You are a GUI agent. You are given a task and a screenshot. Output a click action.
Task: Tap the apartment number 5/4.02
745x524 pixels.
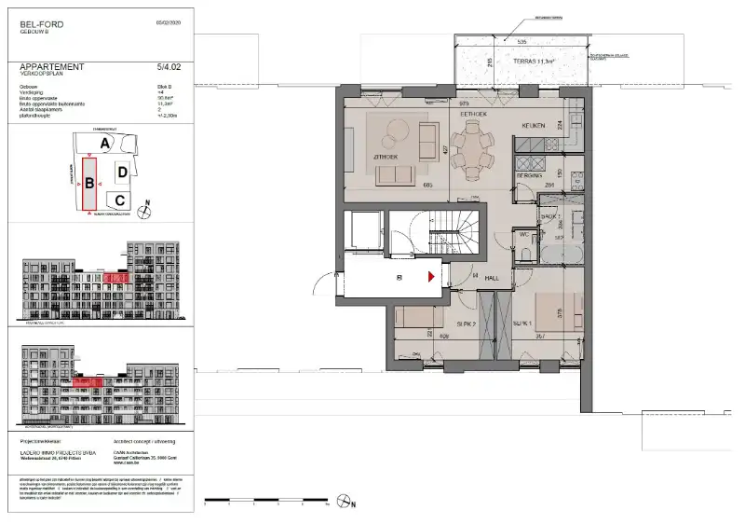click(170, 67)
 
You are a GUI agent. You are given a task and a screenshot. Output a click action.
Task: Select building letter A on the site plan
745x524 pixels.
click(106, 142)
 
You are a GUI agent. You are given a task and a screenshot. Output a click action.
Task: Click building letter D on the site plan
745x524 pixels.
click(122, 172)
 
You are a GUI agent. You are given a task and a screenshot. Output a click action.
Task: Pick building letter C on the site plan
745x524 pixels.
click(118, 199)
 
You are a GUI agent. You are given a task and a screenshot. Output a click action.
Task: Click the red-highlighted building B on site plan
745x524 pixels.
click(89, 184)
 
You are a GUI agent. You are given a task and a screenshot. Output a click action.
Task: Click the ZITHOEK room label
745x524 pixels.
click(386, 157)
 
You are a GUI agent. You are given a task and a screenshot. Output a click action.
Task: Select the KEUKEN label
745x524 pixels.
click(532, 123)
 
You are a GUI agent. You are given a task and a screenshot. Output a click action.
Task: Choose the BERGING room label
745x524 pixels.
click(530, 175)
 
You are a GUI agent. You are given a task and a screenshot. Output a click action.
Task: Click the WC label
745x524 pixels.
click(522, 234)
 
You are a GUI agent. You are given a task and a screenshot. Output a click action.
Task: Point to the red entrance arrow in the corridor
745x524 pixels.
click(430, 276)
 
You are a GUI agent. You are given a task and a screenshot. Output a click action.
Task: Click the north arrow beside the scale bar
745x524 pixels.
click(352, 503)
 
